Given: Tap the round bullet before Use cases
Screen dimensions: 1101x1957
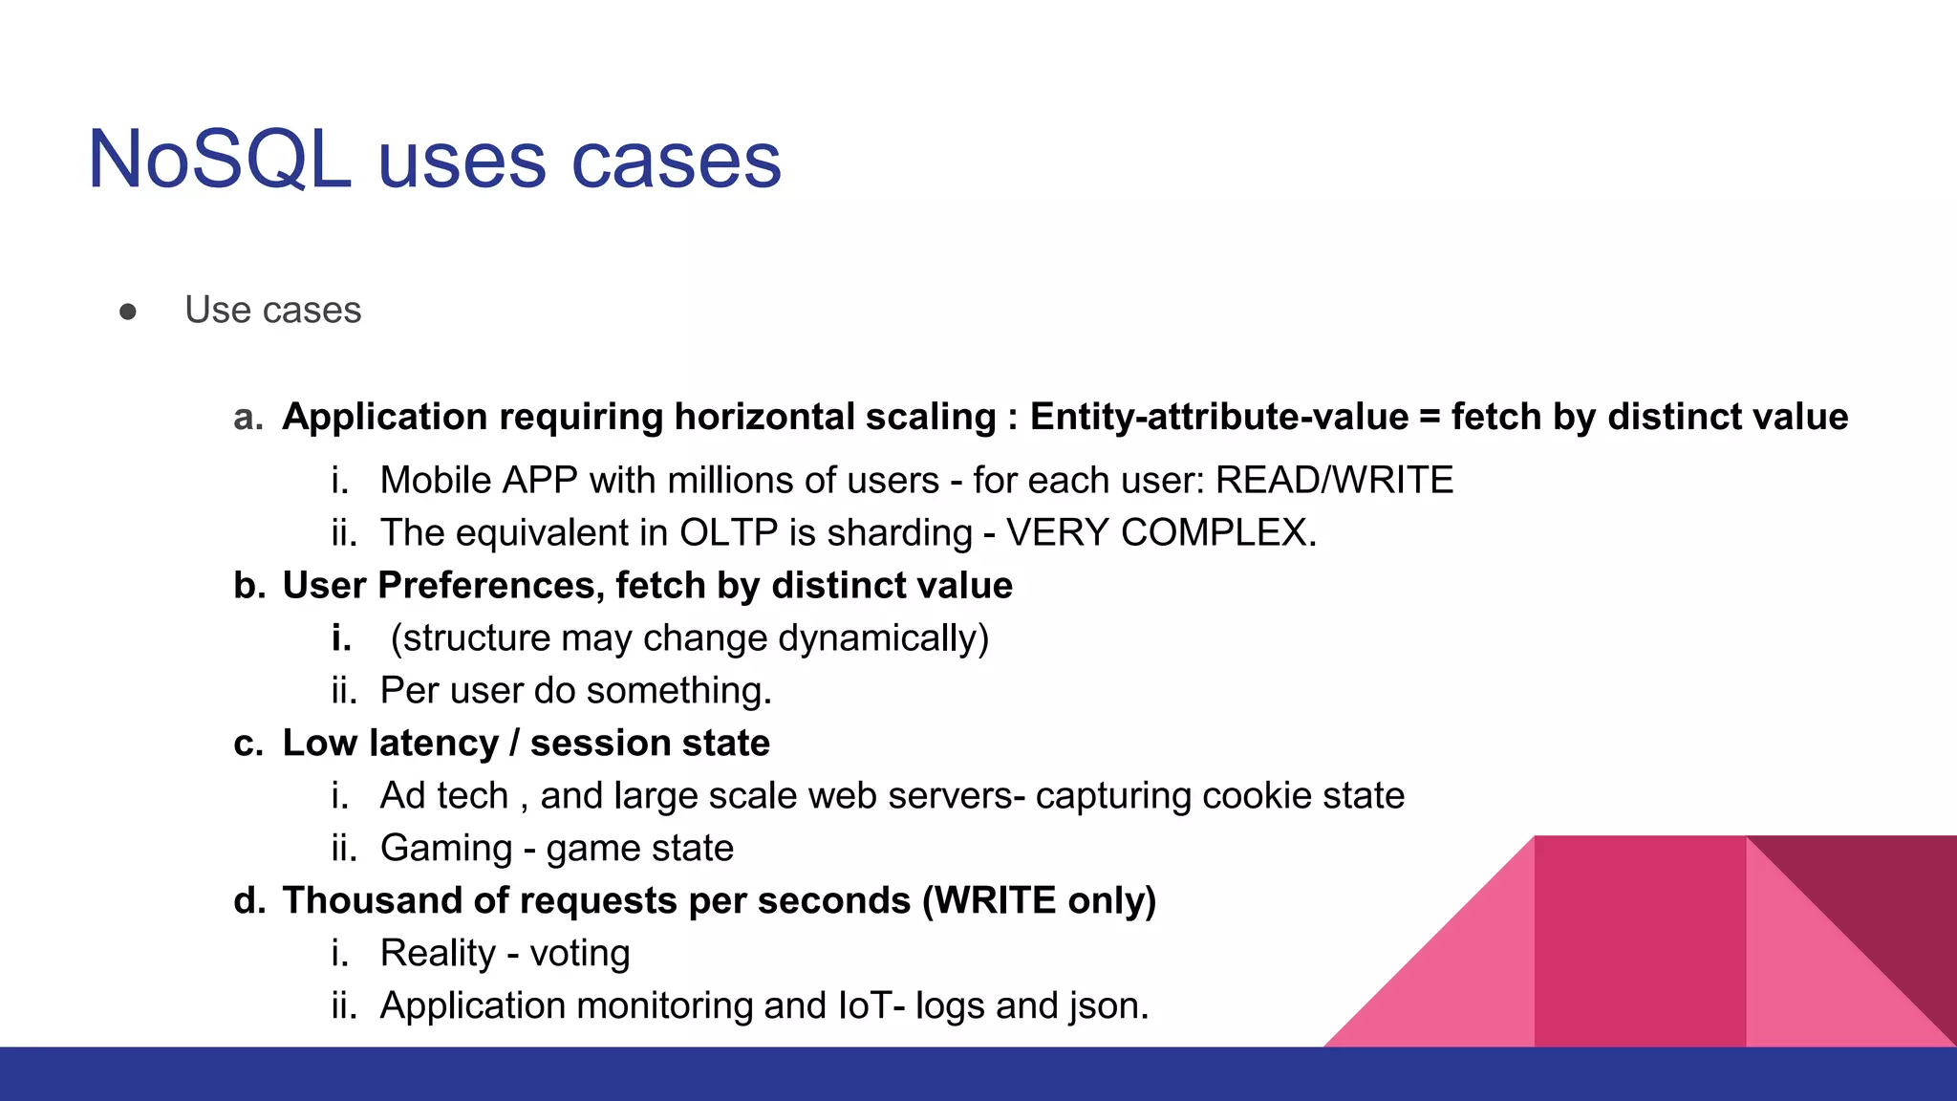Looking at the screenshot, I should [x=128, y=312].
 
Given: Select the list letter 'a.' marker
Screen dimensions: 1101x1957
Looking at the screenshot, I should [x=248, y=418].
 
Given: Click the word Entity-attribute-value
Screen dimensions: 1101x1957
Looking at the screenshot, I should [x=1219, y=418].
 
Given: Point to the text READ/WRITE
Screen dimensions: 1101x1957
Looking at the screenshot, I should [x=1334, y=480].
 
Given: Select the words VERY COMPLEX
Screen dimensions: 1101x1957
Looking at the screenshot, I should [x=1161, y=532].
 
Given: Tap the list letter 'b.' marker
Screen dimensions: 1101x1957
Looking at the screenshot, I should [x=248, y=585].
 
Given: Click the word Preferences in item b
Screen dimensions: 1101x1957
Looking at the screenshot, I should [x=491, y=585].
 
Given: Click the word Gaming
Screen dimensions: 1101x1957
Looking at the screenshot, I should [x=446, y=849].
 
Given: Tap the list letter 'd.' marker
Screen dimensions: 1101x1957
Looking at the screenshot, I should [x=248, y=900].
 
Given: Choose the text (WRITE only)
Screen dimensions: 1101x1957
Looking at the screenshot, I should [x=1039, y=900].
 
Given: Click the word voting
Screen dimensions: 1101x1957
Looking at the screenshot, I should [x=580, y=954].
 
